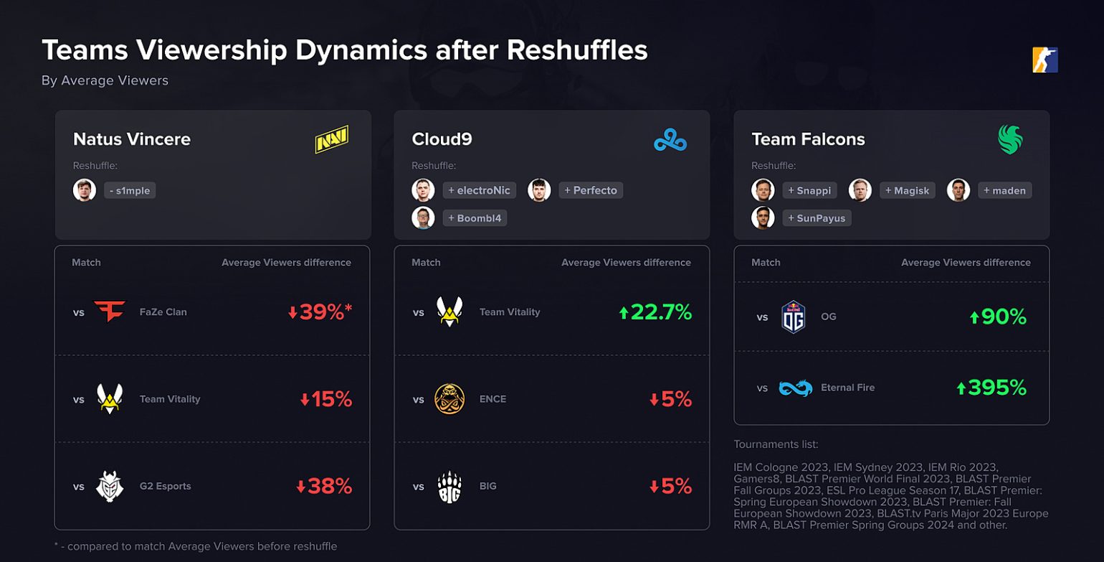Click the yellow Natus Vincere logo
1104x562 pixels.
331,139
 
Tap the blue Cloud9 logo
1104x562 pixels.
670,140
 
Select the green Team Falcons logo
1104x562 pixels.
1011,140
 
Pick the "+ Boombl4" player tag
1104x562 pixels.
475,217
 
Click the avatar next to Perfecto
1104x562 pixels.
539,190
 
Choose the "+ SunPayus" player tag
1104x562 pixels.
817,217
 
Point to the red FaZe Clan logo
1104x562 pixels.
110,312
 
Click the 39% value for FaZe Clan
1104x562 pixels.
320,312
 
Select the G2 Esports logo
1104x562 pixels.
110,486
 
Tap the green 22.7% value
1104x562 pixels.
655,312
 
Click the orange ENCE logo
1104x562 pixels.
449,399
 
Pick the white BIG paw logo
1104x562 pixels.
449,486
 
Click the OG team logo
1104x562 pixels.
794,317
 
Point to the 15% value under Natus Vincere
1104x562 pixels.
326,399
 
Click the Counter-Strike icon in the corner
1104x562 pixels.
1045,60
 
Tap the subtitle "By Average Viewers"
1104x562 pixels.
105,80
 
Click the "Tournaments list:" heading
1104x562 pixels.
776,444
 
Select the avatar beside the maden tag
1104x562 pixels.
958,190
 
